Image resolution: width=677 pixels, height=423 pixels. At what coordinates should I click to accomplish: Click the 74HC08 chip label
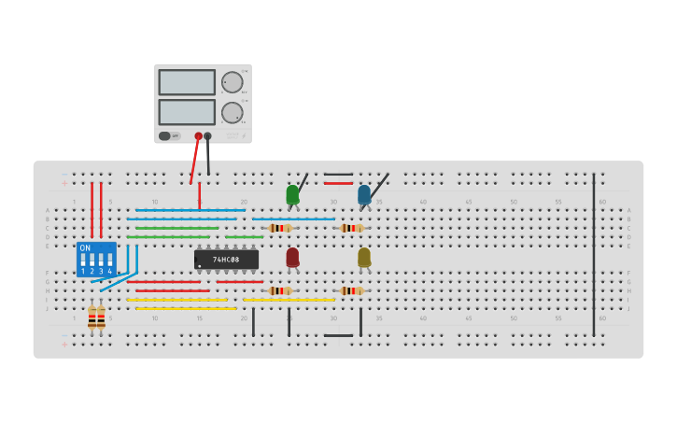[x=226, y=260]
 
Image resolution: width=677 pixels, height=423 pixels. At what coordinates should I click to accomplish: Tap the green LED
[x=292, y=194]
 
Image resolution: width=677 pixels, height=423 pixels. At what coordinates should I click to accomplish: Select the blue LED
[x=364, y=194]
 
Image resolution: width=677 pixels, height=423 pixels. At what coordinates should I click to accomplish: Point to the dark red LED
[x=292, y=257]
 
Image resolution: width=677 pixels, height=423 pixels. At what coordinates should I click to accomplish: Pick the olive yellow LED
[x=364, y=257]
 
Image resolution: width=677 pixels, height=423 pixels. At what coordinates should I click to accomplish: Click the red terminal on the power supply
[x=198, y=136]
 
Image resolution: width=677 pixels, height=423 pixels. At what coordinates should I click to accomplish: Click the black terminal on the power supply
[x=207, y=136]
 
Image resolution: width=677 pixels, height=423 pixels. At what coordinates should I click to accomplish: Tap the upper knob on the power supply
[x=232, y=82]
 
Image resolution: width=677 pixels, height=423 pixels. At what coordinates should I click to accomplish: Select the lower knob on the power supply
[x=232, y=113]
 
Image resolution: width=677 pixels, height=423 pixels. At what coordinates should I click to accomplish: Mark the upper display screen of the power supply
[x=187, y=82]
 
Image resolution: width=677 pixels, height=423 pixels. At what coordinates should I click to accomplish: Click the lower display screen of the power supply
[x=187, y=112]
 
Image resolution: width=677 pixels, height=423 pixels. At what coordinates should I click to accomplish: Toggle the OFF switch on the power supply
[x=169, y=136]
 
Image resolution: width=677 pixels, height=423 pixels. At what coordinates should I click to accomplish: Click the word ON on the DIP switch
[x=86, y=248]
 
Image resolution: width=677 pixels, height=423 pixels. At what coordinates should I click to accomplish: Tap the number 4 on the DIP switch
[x=109, y=272]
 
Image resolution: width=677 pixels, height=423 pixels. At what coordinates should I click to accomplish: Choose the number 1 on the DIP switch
[x=83, y=272]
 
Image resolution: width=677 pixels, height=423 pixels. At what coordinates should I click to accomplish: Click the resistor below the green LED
[x=279, y=228]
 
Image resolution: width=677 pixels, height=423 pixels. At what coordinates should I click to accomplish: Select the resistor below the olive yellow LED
[x=351, y=290]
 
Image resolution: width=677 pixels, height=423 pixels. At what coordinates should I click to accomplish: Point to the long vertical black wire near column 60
[x=593, y=252]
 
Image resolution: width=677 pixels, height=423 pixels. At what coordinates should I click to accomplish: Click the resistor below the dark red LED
[x=279, y=290]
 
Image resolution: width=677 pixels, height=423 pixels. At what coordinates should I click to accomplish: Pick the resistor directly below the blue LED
[x=351, y=228]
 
